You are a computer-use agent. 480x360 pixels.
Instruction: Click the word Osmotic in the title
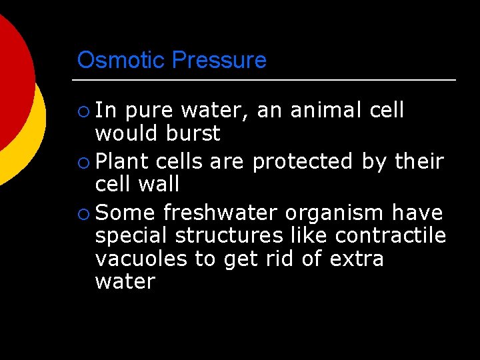pos(121,60)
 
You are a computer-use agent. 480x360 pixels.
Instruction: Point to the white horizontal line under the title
pos(267,80)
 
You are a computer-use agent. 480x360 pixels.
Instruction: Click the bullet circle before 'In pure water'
pos(83,111)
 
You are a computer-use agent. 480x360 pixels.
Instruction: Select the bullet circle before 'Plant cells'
pos(83,162)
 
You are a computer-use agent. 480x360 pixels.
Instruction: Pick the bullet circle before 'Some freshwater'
pos(83,214)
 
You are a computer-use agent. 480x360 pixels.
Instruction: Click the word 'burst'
pos(193,133)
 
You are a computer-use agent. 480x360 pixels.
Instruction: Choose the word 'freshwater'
pos(221,213)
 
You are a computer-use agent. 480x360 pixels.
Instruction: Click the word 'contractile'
pos(391,236)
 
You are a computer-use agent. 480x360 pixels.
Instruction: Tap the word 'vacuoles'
pos(141,259)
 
